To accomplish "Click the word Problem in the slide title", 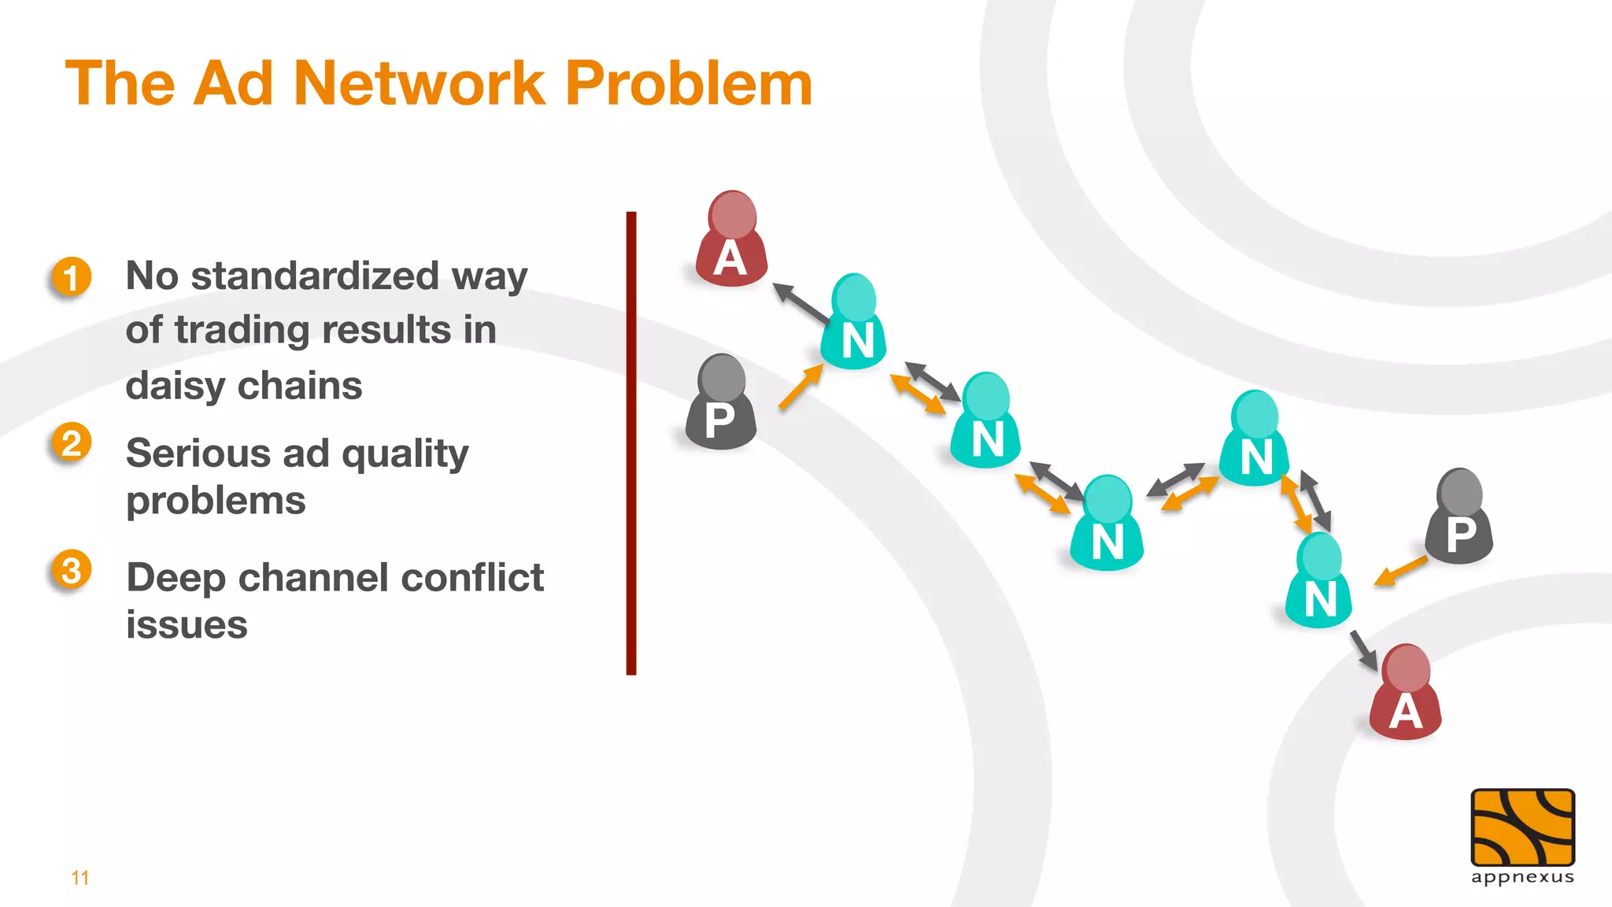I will click(689, 83).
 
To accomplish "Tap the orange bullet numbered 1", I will click(72, 277).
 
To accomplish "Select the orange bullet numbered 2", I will click(72, 442).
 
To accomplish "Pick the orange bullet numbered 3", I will click(72, 569).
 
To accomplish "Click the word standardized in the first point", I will click(315, 276).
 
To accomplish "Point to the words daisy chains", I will click(244, 386).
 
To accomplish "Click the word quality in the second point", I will click(405, 454).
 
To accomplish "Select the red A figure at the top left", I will click(731, 240).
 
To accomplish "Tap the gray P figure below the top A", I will click(721, 404).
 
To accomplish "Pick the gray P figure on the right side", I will click(1460, 518).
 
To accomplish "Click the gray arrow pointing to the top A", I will click(801, 304).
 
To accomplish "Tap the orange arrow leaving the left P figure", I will click(800, 387).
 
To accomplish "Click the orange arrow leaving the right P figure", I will click(1401, 570).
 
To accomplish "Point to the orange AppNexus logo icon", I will click(1522, 827).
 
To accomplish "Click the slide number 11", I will click(80, 878).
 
